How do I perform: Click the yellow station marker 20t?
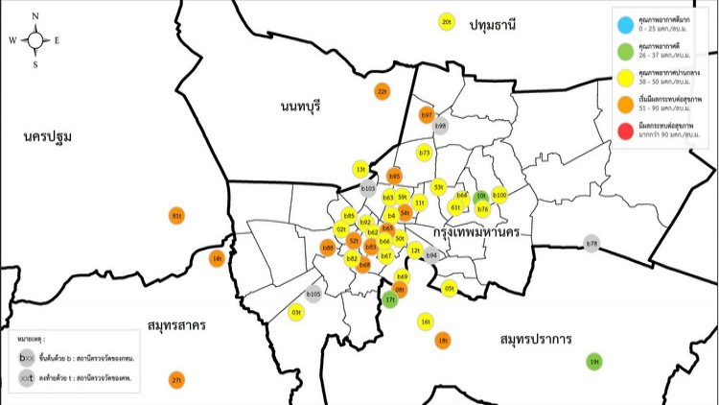point(446,21)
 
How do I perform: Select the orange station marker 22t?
point(382,91)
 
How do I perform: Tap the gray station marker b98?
point(441,126)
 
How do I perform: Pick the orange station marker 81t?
point(176,216)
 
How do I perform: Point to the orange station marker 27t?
point(176,380)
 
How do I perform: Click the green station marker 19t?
point(594,361)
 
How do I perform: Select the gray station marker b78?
point(591,244)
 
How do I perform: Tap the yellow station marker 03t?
point(296,312)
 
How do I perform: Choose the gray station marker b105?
point(313,294)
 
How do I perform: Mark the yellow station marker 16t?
point(426,322)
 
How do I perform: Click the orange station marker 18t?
point(442,339)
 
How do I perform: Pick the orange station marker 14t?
point(218,258)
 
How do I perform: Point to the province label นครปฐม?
point(48,136)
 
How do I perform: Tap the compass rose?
point(35,40)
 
